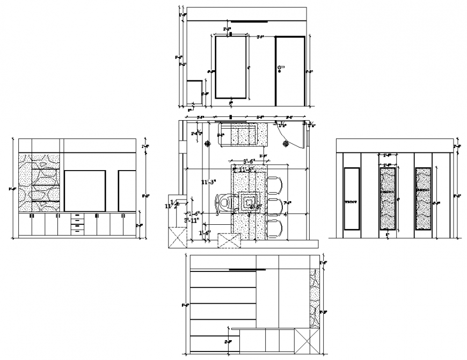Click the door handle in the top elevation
280,67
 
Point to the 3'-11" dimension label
192,219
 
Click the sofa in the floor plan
243,134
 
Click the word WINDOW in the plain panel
351,203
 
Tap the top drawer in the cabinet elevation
78,216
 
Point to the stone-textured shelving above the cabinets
41,182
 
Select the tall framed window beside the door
231,67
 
